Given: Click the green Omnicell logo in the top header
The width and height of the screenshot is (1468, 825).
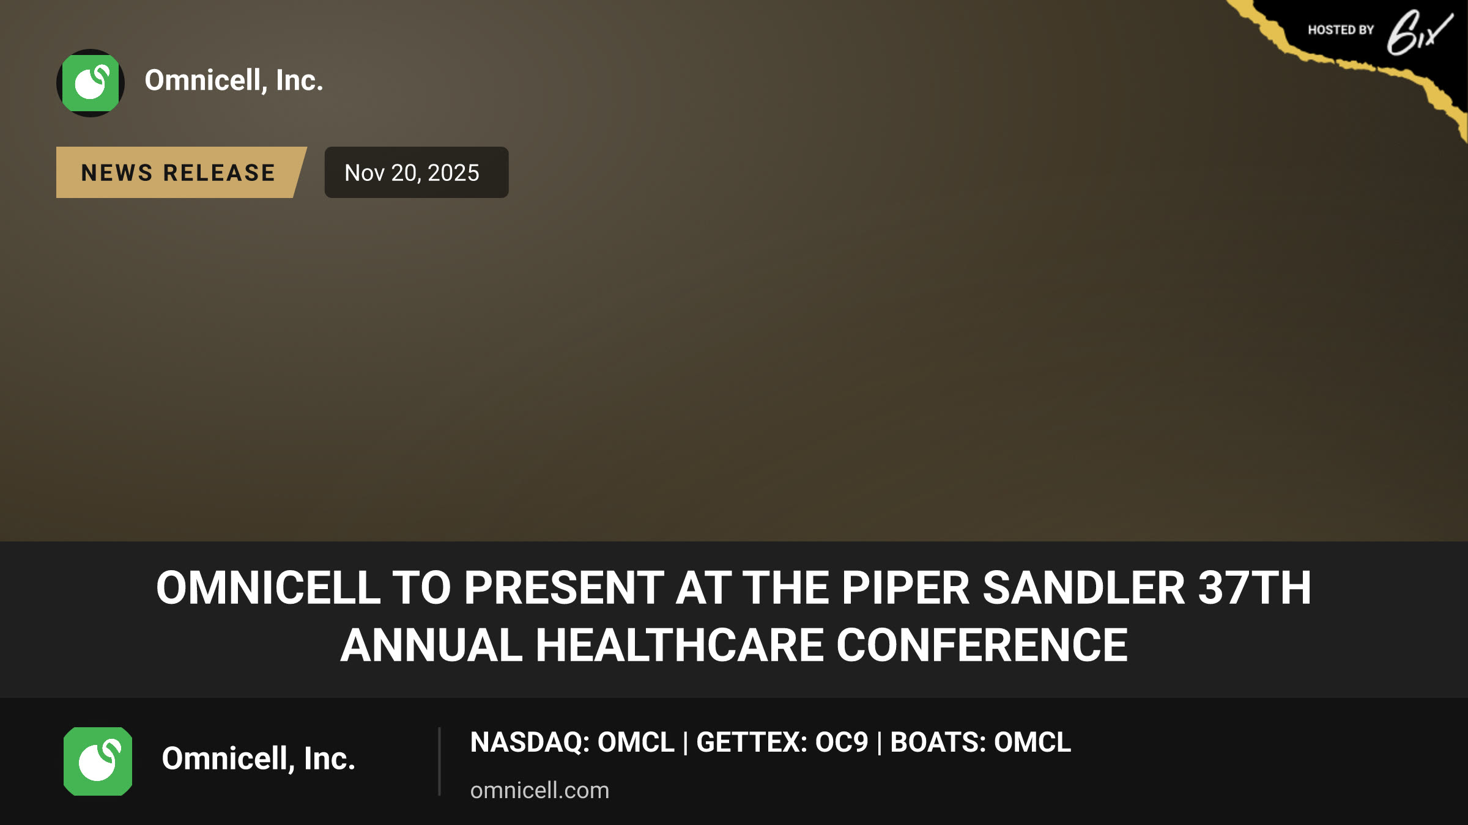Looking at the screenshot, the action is coord(91,83).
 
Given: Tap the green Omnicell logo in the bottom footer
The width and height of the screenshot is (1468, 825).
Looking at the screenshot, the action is coord(98,761).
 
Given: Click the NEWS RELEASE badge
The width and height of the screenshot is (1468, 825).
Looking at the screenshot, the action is coord(179,172).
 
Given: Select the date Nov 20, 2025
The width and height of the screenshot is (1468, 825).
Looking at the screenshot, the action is coord(412,173).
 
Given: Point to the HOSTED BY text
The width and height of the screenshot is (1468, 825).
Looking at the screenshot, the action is coord(1341,30).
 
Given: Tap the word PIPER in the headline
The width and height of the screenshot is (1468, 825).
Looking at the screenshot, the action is coord(905,588).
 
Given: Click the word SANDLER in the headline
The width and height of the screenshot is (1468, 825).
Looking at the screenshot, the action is coord(1084,588).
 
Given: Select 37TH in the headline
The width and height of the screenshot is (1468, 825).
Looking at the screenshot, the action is coord(1255,588).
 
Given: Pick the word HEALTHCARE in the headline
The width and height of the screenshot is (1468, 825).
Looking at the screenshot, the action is coord(680,645).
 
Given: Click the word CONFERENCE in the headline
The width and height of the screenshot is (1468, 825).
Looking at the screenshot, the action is coord(982,645).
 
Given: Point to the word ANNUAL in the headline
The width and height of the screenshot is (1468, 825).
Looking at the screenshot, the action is coord(432,645).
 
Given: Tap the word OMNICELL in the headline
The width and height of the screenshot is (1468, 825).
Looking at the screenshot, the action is coord(269,588).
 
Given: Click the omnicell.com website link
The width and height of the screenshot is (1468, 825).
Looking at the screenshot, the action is coord(539,790).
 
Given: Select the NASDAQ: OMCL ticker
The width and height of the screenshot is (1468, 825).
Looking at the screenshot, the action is coord(572,743).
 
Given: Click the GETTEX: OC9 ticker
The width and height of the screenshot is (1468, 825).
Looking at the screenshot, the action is coord(782,743).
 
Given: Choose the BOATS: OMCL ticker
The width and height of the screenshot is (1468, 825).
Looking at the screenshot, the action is coord(981,743).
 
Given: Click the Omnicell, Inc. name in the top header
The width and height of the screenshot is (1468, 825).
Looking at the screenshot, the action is coord(234,81).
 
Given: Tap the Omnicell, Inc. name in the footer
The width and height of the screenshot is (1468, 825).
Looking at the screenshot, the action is coord(258,759).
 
